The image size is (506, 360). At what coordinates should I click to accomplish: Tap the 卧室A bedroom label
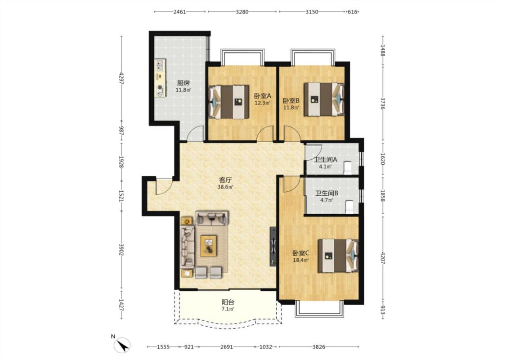(262, 96)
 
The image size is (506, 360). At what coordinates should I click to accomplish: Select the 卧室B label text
(291, 100)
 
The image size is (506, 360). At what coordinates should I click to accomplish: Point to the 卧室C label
(301, 253)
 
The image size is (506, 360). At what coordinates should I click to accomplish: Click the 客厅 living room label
(225, 180)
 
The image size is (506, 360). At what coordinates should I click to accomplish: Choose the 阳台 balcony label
(228, 302)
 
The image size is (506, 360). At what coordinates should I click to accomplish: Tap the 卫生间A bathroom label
(325, 159)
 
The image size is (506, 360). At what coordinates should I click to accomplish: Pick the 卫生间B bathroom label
(327, 193)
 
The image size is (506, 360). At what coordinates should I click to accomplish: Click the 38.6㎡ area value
(225, 187)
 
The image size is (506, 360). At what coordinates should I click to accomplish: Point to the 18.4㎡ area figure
(301, 260)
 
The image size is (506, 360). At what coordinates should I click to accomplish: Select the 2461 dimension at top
(179, 12)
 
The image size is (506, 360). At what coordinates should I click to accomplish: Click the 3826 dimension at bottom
(319, 347)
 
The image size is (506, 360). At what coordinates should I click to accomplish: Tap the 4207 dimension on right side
(383, 258)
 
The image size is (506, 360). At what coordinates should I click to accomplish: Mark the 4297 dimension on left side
(121, 78)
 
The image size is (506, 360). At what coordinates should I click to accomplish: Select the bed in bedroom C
(338, 256)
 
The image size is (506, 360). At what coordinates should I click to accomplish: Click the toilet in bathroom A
(348, 167)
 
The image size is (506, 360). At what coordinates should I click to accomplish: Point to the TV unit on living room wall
(273, 246)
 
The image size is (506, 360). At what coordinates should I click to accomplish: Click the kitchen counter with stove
(160, 78)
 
